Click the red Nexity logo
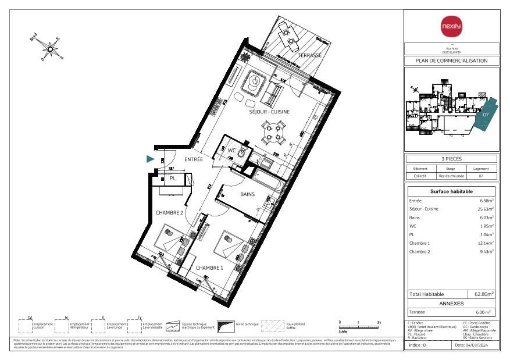(451, 26)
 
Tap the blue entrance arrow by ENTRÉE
(150, 159)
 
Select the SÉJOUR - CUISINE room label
(269, 112)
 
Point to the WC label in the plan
(231, 150)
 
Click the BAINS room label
(248, 195)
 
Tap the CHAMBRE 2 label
(169, 213)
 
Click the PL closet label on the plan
(173, 179)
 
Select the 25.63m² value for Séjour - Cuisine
(486, 209)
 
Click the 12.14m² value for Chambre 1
(486, 243)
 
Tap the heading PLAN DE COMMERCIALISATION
(451, 60)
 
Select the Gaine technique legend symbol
(224, 325)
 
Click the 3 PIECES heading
(451, 159)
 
